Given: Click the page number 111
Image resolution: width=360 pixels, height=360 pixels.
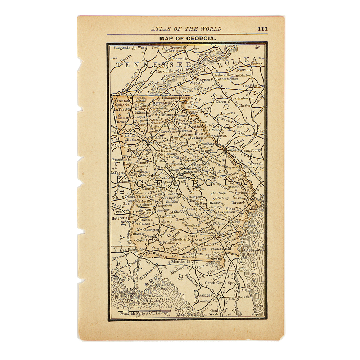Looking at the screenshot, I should pos(262,29).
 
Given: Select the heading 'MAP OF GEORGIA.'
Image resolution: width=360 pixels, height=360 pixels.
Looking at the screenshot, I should pos(187,38).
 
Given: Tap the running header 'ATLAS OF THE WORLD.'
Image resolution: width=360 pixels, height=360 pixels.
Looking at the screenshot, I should pos(186,29).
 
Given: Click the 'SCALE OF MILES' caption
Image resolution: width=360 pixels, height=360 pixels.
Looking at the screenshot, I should pos(141,305).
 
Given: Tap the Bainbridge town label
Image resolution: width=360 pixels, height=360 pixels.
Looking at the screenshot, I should pos(135,249).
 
